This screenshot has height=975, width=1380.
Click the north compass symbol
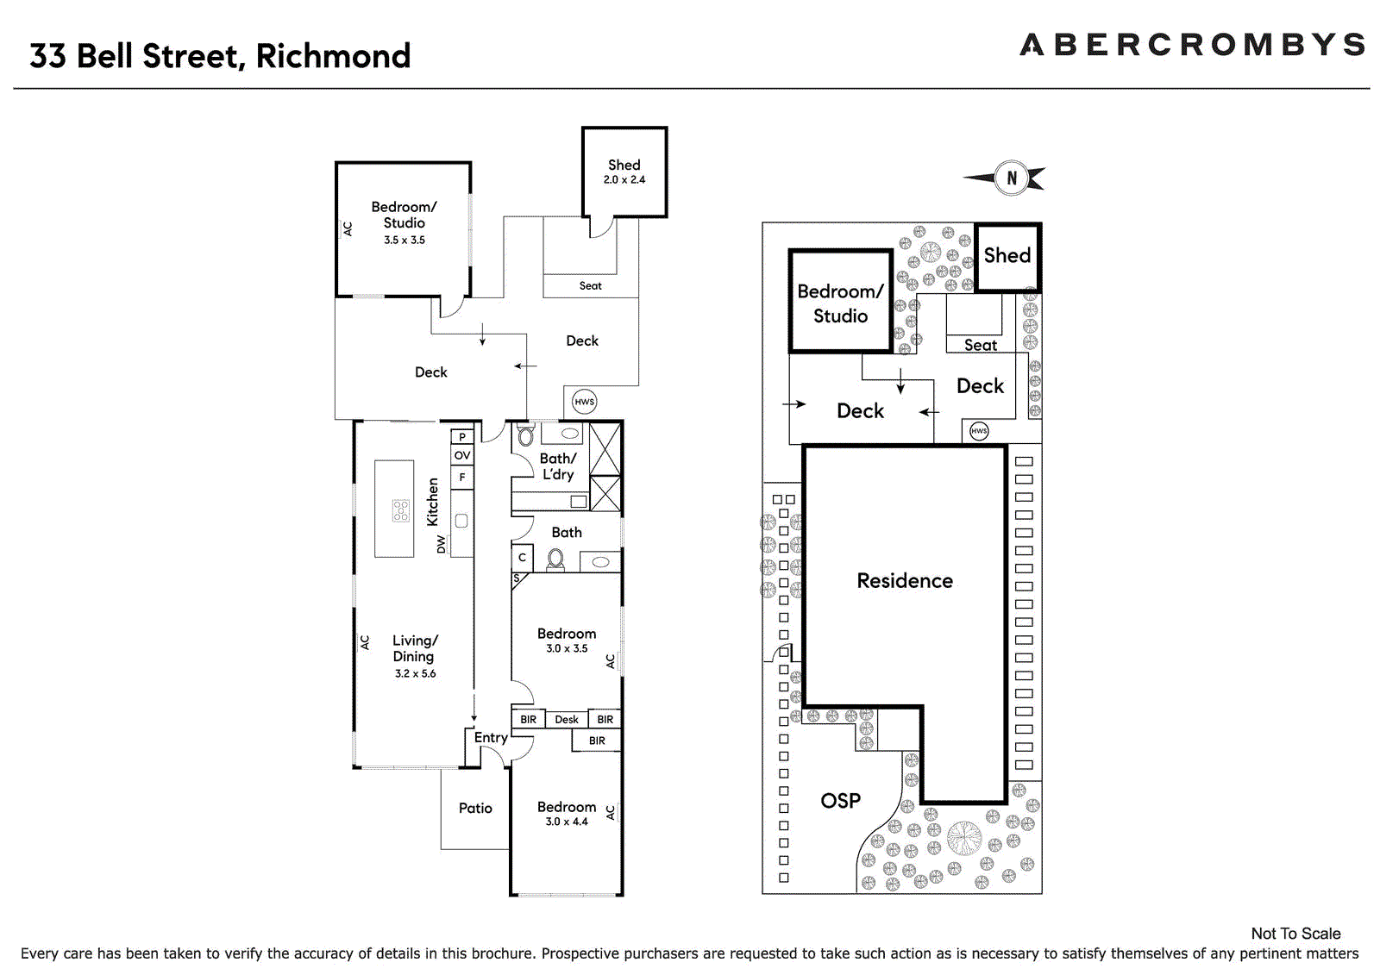[x=1011, y=178]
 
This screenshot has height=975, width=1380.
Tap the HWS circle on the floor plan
[x=585, y=402]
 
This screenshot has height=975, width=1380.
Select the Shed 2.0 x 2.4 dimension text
[x=624, y=180]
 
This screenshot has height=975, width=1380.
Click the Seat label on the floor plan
[x=591, y=286]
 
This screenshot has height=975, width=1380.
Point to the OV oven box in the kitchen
[x=462, y=455]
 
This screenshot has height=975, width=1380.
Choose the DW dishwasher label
[x=442, y=545]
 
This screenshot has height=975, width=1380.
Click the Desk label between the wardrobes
[x=567, y=720]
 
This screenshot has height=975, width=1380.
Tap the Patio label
[x=475, y=809]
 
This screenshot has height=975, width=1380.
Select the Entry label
[x=491, y=738]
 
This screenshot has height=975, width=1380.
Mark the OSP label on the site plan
[x=840, y=801]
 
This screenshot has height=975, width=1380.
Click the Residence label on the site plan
[x=905, y=581]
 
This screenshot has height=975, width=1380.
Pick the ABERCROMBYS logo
[x=1192, y=45]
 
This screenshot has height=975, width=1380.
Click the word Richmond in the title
[x=333, y=56]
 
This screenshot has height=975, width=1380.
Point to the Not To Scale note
[x=1295, y=934]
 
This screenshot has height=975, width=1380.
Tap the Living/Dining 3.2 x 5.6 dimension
[x=416, y=674]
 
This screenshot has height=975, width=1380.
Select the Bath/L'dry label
[x=558, y=466]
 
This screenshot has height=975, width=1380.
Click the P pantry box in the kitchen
[x=462, y=437]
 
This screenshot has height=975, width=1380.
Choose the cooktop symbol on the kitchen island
[x=401, y=510]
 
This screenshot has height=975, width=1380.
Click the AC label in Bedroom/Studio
[x=348, y=229]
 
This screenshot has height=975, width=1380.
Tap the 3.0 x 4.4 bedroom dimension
[x=567, y=822]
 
